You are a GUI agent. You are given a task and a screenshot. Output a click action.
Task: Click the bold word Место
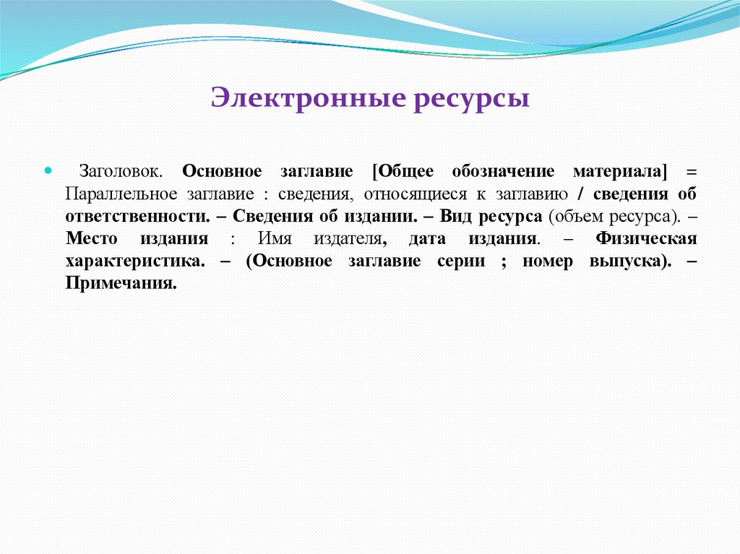[x=88, y=239]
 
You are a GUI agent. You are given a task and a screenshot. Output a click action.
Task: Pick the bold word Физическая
[x=646, y=239]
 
